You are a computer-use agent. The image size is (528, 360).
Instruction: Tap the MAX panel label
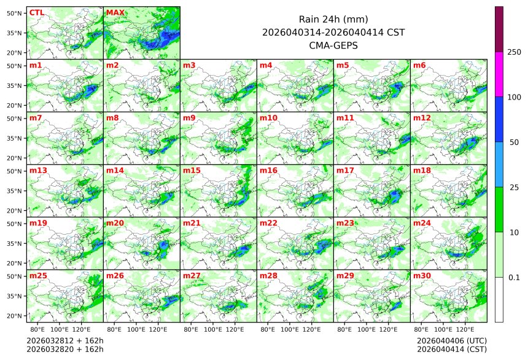point(115,12)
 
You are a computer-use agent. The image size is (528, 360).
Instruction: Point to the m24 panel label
point(422,223)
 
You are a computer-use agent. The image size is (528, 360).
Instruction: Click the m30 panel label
point(422,276)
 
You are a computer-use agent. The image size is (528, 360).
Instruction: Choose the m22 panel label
point(268,223)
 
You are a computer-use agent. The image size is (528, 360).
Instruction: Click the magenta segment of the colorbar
point(499,74)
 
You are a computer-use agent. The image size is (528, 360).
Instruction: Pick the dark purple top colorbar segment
point(499,29)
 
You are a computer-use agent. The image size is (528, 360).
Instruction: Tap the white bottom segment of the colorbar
point(499,299)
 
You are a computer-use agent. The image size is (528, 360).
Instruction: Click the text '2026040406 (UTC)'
point(451,340)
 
